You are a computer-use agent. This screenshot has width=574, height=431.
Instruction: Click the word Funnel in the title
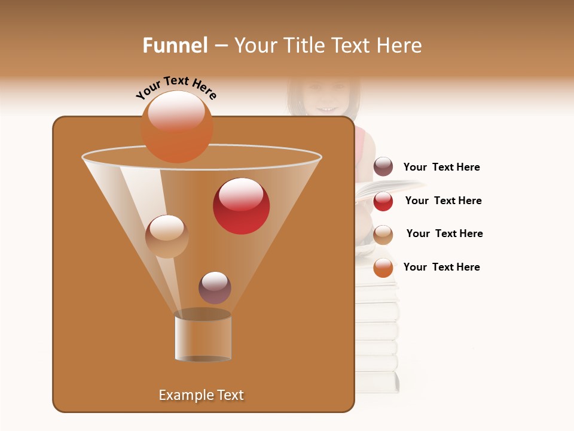pos(175,45)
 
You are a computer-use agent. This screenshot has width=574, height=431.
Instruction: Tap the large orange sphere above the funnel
pos(177,126)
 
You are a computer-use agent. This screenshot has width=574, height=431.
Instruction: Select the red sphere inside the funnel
pos(241,206)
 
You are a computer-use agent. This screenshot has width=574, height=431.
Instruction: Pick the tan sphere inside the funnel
pos(167,236)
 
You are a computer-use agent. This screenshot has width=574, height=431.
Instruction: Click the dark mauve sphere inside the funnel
pos(215,287)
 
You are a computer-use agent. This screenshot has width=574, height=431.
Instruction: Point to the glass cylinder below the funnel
pos(203,337)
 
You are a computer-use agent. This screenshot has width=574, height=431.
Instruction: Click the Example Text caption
pos(201,395)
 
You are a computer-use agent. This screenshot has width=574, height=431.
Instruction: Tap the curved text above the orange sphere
pos(176,88)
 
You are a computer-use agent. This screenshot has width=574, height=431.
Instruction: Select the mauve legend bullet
pos(383,167)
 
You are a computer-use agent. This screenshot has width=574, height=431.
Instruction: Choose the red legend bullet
pos(383,201)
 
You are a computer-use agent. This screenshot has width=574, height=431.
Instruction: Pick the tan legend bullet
pos(383,235)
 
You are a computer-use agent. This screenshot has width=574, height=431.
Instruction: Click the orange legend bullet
pos(383,268)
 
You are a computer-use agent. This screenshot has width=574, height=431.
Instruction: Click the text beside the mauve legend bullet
pos(441,168)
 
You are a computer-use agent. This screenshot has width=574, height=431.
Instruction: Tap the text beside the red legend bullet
pos(443,201)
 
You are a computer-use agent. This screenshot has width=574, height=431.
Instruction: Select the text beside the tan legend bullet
pos(444,233)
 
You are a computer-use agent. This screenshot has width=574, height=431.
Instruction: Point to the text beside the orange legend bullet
pos(441,267)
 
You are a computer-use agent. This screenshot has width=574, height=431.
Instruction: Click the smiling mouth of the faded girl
pos(326,108)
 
